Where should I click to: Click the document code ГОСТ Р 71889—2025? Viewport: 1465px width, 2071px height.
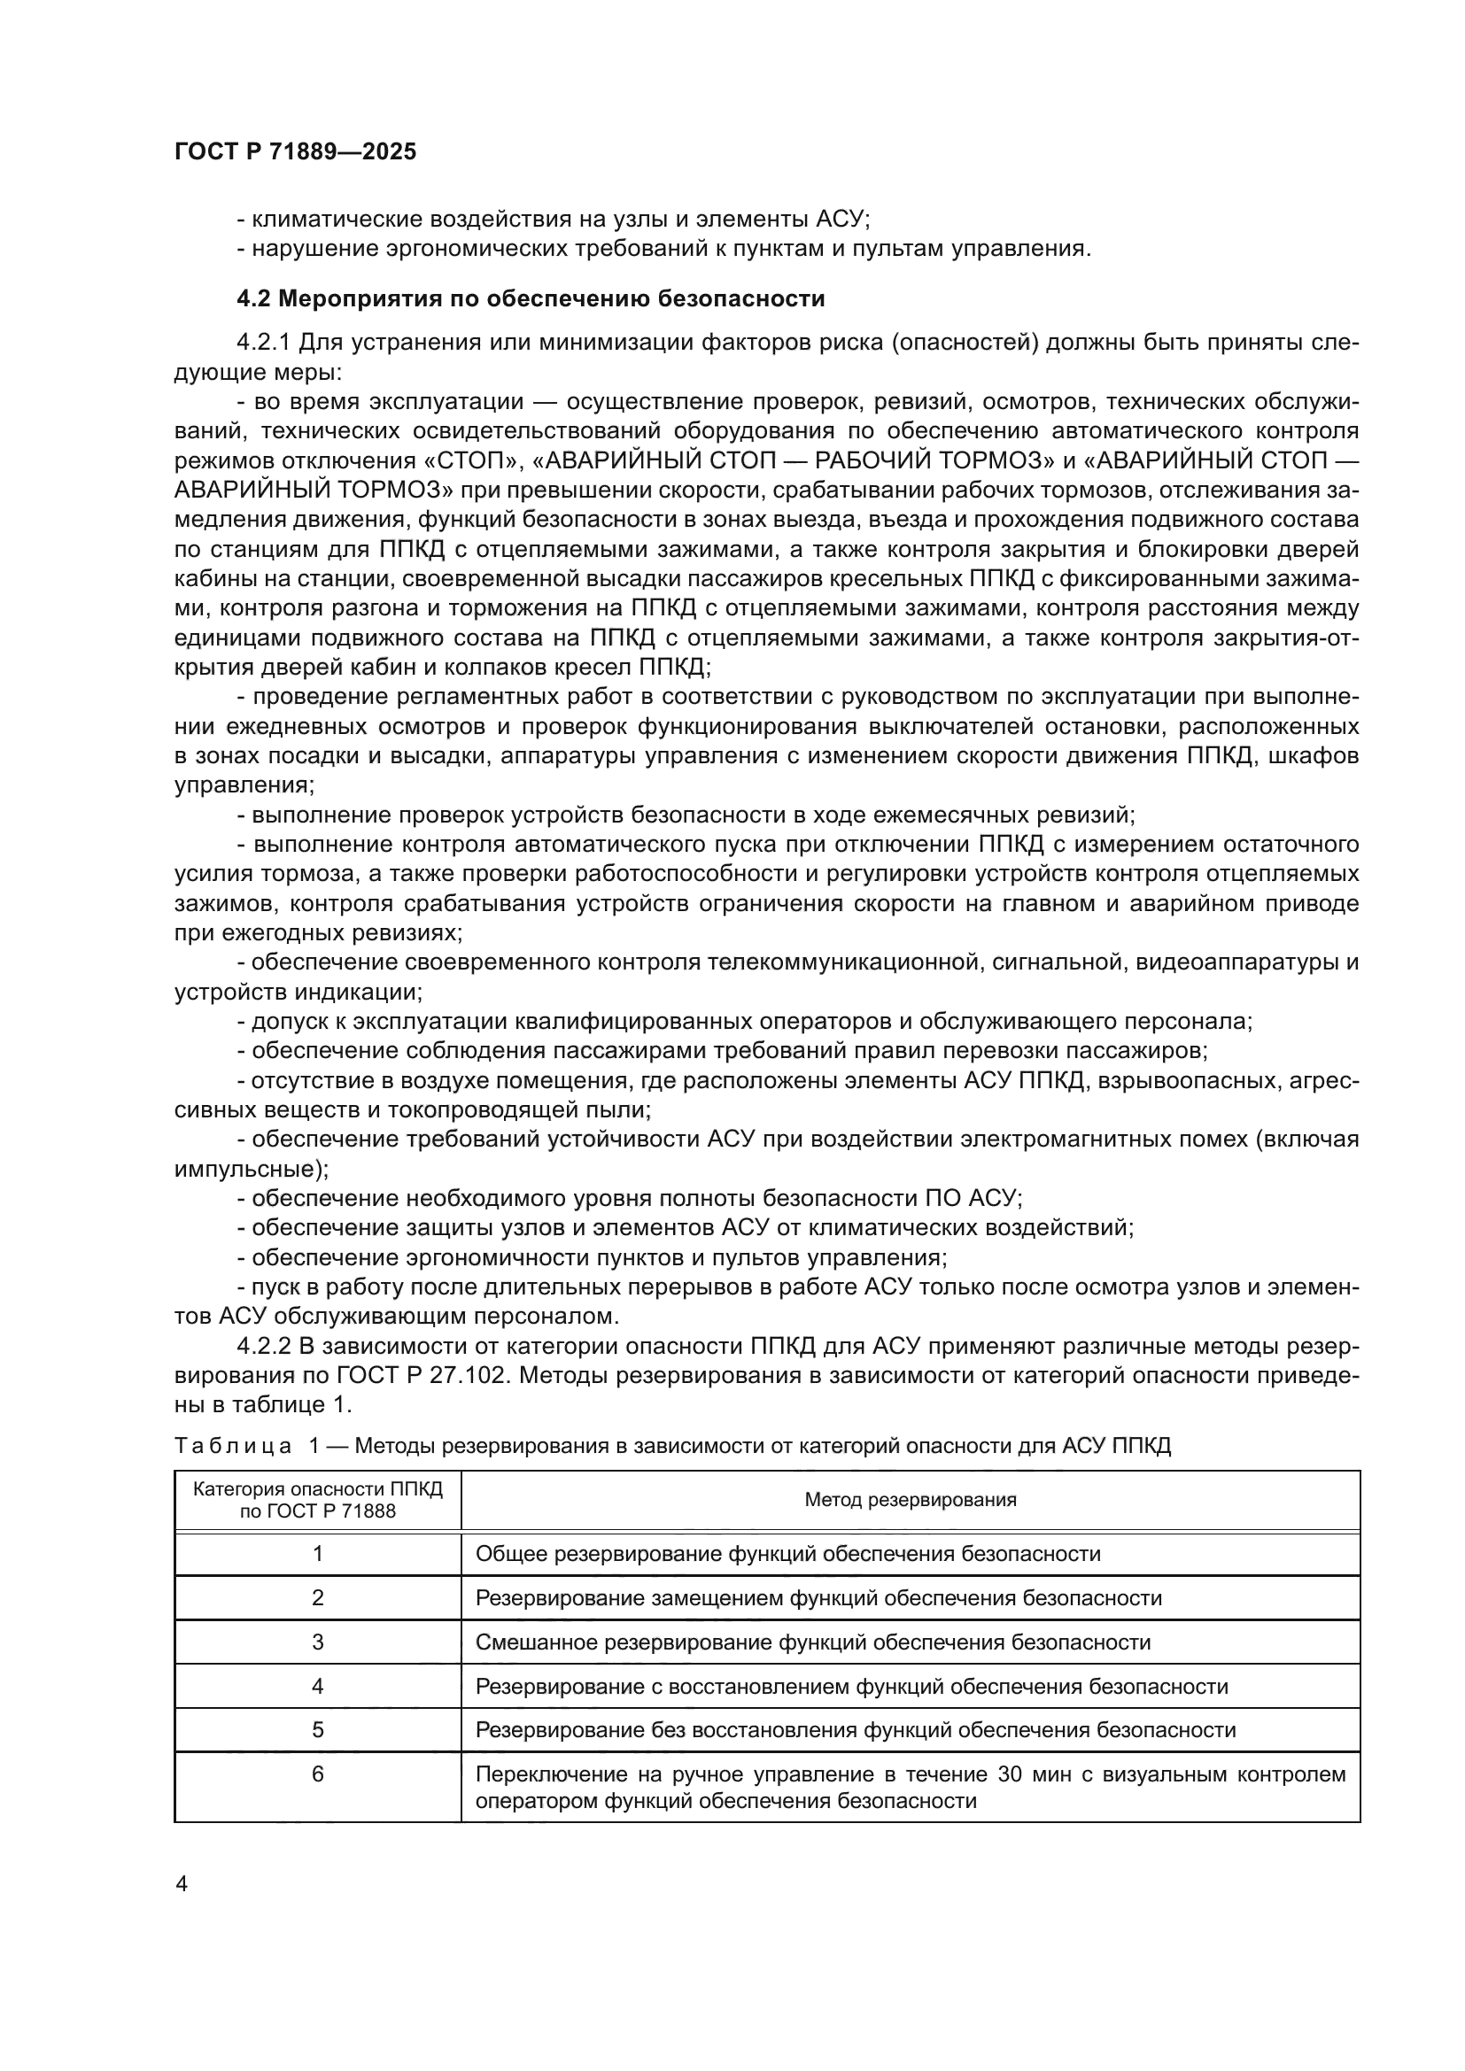click(x=295, y=151)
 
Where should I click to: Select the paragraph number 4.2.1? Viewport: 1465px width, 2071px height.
click(x=263, y=343)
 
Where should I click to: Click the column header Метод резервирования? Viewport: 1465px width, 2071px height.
click(x=911, y=1499)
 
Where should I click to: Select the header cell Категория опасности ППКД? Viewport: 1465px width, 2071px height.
click(x=318, y=1499)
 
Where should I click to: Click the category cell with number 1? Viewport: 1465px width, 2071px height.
click(x=318, y=1553)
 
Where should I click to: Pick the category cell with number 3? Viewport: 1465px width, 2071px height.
click(x=318, y=1642)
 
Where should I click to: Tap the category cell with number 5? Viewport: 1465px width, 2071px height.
click(x=318, y=1729)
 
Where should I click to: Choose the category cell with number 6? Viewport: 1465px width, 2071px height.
click(x=318, y=1774)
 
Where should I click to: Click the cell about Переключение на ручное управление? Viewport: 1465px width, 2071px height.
click(x=911, y=1787)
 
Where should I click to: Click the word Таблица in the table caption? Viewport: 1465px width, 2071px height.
click(x=233, y=1446)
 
